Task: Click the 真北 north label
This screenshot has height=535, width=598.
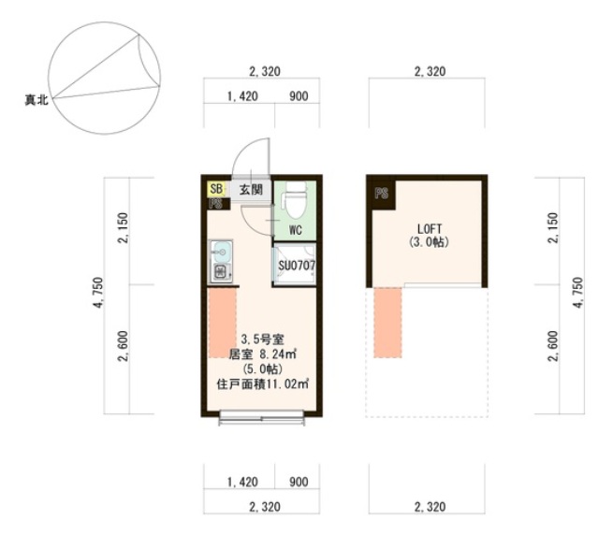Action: (x=36, y=100)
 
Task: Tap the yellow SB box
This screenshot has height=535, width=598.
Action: (x=216, y=189)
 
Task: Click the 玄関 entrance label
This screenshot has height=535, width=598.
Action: (x=251, y=189)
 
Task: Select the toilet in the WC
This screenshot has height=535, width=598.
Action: (x=295, y=200)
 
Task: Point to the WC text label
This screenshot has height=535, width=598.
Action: (x=296, y=230)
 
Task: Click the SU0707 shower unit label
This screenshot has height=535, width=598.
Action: (x=297, y=266)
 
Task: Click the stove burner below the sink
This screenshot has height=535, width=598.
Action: (x=220, y=272)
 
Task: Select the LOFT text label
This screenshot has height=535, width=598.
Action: (x=429, y=229)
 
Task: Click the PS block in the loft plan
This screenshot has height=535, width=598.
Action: (x=382, y=194)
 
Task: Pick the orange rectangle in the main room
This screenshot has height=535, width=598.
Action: (x=222, y=323)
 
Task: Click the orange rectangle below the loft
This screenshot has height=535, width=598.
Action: (x=387, y=323)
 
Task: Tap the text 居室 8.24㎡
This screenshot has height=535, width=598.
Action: (x=262, y=354)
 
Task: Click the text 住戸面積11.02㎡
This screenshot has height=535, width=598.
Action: (x=262, y=384)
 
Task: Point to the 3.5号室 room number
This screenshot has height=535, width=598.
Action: (x=262, y=340)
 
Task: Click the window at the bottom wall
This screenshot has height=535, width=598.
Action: (x=262, y=417)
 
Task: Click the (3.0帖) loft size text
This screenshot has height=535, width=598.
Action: (x=429, y=242)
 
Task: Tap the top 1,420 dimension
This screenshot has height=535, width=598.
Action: (x=242, y=96)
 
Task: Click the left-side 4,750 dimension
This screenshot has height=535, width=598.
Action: (x=98, y=293)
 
